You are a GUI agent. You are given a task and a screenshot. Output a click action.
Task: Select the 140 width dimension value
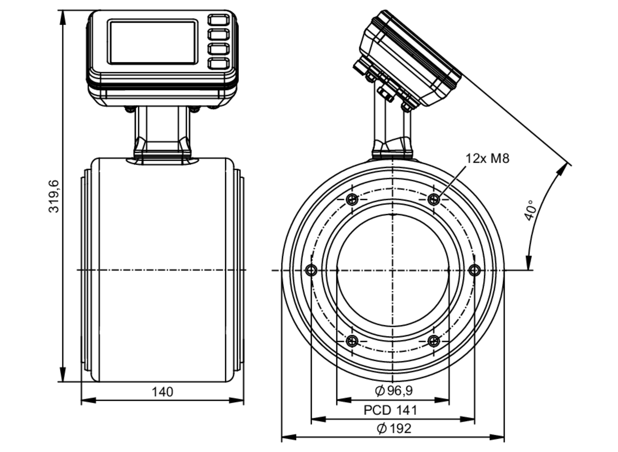click(162, 392)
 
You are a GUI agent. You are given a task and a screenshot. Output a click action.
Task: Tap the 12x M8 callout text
click(487, 159)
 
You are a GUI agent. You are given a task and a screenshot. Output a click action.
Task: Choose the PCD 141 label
click(390, 410)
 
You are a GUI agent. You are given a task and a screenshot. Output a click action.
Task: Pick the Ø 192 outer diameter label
click(394, 429)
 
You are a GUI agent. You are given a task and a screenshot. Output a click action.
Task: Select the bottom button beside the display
click(218, 63)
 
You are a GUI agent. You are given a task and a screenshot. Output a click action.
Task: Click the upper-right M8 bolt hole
click(434, 199)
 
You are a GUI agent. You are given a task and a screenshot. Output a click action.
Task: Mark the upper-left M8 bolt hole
click(352, 199)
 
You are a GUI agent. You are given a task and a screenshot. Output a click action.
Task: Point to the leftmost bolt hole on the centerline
click(311, 270)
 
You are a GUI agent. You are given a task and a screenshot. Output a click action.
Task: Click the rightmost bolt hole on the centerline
click(475, 270)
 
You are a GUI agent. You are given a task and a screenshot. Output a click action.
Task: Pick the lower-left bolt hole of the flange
click(352, 341)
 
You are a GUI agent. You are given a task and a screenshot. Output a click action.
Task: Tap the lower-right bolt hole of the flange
click(434, 341)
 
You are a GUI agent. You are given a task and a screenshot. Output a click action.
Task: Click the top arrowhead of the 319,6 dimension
click(63, 17)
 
